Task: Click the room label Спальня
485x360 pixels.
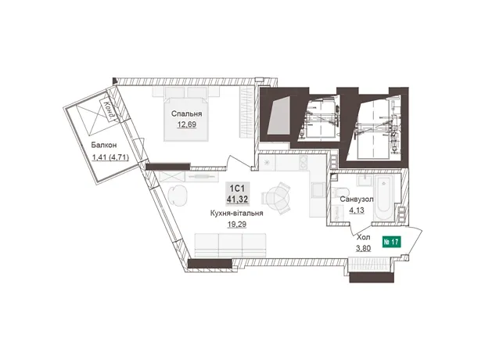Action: [186, 114]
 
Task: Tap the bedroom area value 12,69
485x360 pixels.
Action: [186, 124]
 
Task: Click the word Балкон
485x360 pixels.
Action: [103, 145]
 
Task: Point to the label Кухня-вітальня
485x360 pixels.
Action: [236, 214]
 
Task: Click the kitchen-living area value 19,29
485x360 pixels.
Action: [237, 225]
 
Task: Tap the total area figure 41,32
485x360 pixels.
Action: [238, 200]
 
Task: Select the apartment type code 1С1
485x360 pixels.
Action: [237, 188]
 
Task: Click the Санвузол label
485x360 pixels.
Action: [357, 200]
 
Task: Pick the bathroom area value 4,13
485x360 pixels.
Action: [357, 211]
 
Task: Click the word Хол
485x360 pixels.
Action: [364, 238]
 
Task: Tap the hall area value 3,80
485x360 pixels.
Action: [364, 248]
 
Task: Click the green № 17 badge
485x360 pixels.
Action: [392, 242]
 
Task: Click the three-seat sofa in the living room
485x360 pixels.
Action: [231, 245]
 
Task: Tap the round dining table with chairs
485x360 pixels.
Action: [276, 198]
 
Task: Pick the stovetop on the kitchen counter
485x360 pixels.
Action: [302, 163]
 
